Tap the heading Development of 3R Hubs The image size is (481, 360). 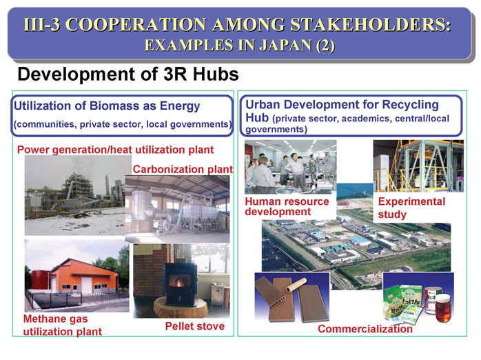pyautogui.click(x=128, y=74)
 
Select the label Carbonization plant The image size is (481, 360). pyautogui.click(x=183, y=169)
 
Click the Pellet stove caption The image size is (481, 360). pyautogui.click(x=195, y=326)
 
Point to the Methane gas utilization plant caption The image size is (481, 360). pyautogui.click(x=63, y=326)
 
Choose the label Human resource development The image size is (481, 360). pyautogui.click(x=287, y=206)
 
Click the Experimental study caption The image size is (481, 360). pyautogui.click(x=411, y=208)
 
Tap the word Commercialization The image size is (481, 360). pyautogui.click(x=365, y=329)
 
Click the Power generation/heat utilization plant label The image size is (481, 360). pyautogui.click(x=115, y=150)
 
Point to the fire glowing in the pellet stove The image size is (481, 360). pyautogui.click(x=179, y=281)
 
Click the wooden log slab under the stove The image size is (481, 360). pyautogui.click(x=181, y=307)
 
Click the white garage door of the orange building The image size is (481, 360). pyautogui.click(x=87, y=285)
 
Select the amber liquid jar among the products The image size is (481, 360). pyautogui.click(x=443, y=308)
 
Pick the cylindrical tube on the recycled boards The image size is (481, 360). pyautogui.click(x=296, y=285)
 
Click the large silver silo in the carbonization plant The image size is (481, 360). pyautogui.click(x=142, y=209)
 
